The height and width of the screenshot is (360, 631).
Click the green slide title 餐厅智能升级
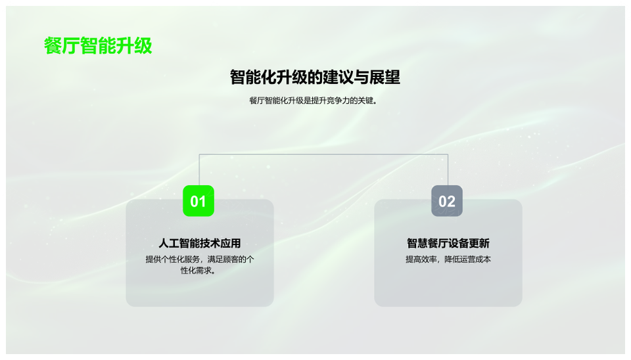pos(98,45)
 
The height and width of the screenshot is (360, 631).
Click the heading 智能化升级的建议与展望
pos(315,78)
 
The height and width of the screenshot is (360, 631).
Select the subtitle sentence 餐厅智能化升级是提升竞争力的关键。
pos(314,101)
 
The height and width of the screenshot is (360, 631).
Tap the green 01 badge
pos(199,201)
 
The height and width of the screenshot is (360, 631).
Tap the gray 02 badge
pos(447,201)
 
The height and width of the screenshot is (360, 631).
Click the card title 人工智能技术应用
pos(200,243)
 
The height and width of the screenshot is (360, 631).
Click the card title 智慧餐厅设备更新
pos(448,243)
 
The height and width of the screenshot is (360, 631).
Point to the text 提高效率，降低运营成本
pos(448,259)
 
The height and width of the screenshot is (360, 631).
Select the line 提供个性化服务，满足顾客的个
pos(200,259)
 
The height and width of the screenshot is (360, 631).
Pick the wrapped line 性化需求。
pos(198,271)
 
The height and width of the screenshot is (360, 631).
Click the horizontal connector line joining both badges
pos(323,154)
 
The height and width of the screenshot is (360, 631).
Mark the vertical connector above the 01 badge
pos(199,169)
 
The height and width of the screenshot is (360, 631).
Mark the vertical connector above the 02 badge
pos(448,169)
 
